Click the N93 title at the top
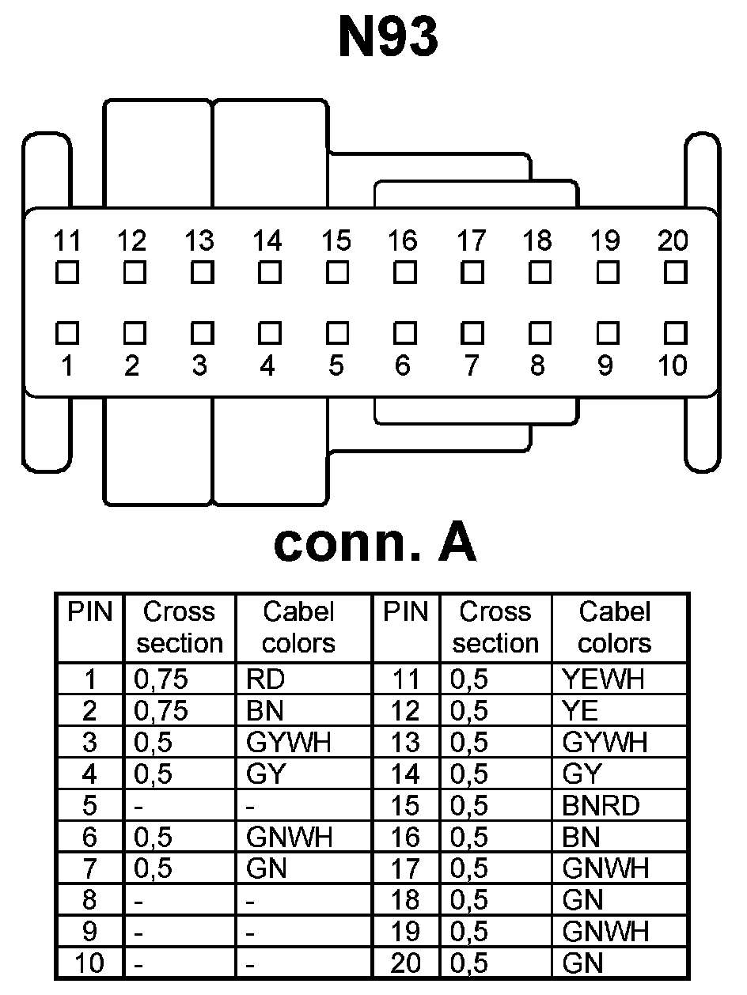coord(388,38)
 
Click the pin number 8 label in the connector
coord(538,366)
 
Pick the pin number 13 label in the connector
coord(199,240)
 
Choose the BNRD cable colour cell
coord(601,805)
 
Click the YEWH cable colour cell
coord(603,679)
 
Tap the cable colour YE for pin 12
coord(581,710)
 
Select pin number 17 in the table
coord(405,868)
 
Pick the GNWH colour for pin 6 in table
coord(289,837)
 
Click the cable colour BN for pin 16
coord(581,837)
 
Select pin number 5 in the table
coord(89,805)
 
